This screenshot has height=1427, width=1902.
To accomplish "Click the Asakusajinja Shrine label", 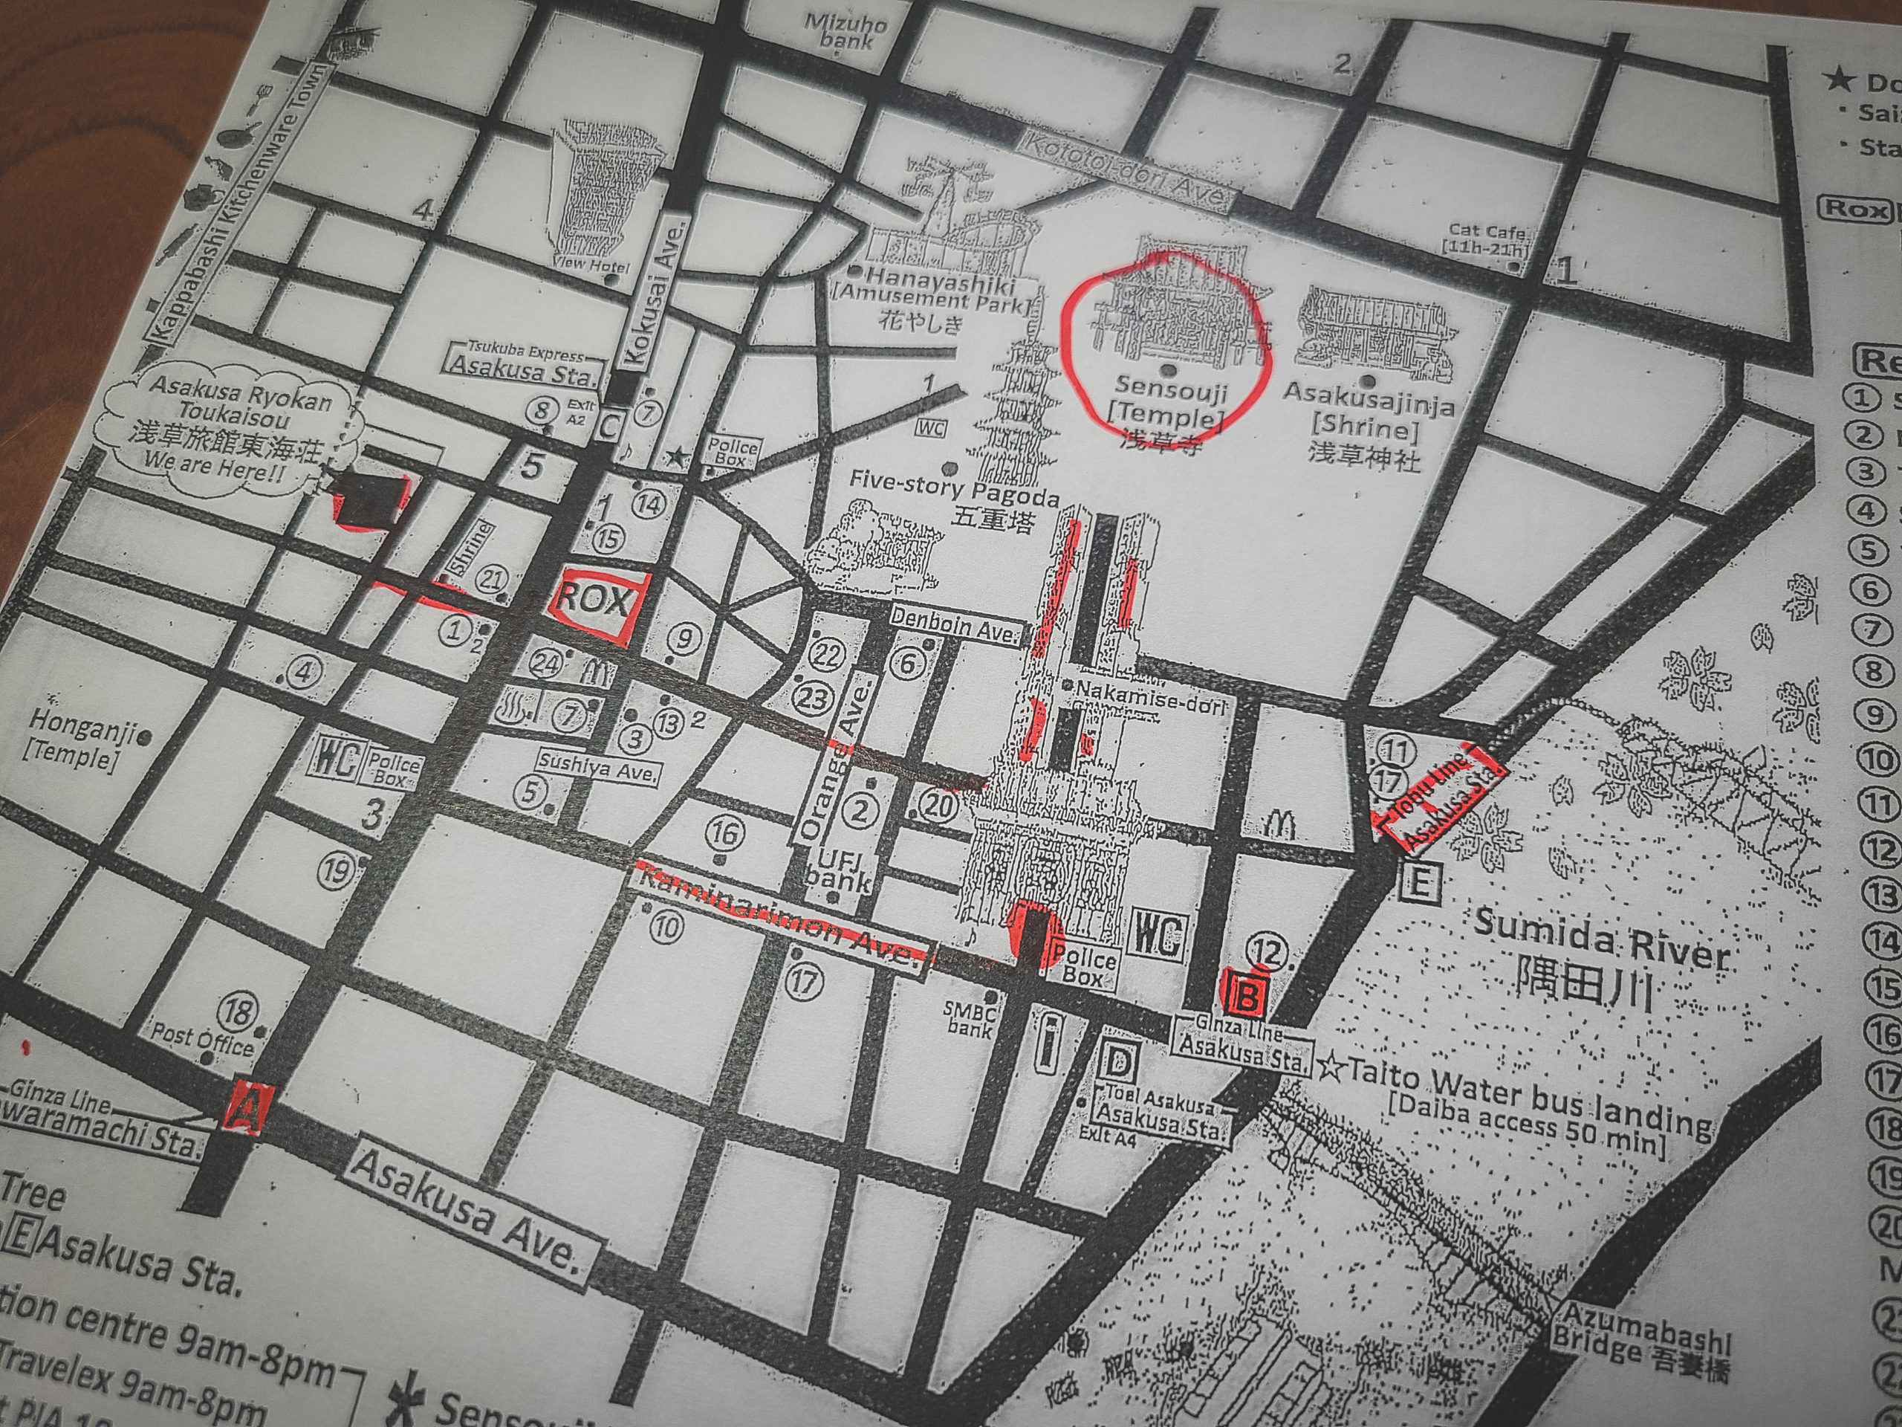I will (1368, 422).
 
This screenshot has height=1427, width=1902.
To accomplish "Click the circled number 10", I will (666, 926).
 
